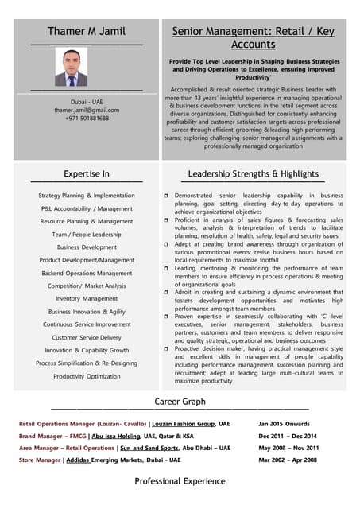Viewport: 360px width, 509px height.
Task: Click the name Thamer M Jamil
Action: coord(87,31)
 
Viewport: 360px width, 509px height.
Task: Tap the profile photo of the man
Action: coord(71,68)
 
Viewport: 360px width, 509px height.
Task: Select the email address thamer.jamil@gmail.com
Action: coord(87,110)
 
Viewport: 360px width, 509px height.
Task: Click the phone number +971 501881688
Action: coord(87,119)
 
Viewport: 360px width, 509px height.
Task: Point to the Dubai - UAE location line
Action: coord(87,102)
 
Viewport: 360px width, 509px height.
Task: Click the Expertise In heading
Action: coord(87,173)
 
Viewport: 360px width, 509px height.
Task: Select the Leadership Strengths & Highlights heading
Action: coord(253,173)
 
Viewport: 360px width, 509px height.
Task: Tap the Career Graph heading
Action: coord(180,402)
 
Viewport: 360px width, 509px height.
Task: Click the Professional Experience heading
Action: coord(180,481)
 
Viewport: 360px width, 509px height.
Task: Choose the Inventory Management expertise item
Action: coord(87,299)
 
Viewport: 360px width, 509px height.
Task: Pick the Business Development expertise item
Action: coord(87,247)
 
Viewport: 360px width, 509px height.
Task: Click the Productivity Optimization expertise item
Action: coord(87,376)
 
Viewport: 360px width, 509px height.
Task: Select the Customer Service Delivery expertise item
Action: coord(87,337)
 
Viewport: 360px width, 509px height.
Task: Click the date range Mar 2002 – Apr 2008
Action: coord(288,460)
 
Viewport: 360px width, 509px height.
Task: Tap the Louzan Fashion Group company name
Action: coord(184,424)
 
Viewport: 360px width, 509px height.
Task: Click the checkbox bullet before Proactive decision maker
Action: coord(166,348)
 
